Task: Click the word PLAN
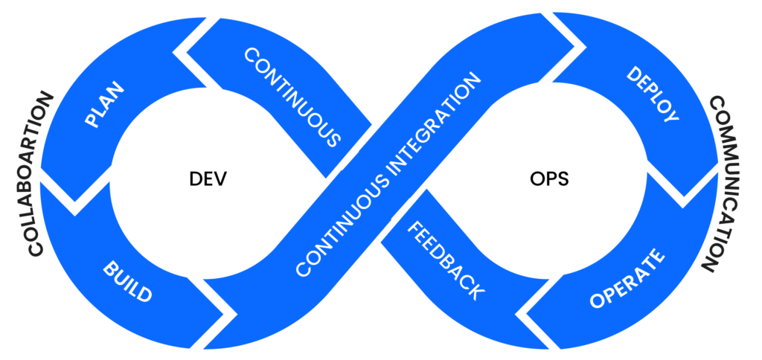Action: coord(105,105)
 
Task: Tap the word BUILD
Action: coord(127,281)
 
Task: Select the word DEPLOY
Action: coord(653,94)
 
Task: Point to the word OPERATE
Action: coord(627,280)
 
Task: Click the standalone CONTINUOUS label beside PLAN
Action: coord(292,97)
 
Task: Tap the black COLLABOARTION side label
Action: coord(40,175)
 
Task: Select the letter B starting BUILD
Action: coord(109,270)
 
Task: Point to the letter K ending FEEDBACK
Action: coord(476,293)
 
